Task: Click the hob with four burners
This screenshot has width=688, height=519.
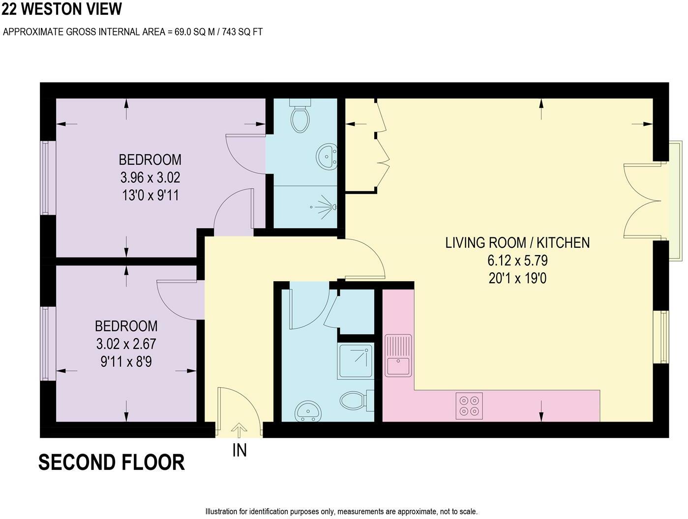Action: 469,405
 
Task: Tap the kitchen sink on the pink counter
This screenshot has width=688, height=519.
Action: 398,355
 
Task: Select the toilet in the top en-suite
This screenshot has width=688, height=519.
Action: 300,115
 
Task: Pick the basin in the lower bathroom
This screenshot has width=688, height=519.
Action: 308,411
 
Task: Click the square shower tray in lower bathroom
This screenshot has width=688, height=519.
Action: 356,361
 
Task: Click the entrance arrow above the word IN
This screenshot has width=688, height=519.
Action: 239,430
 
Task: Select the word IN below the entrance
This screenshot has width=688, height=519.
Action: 239,450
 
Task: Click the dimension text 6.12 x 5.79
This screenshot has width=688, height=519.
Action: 517,260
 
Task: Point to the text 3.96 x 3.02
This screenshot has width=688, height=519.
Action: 150,177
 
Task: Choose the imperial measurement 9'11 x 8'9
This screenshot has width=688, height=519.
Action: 126,362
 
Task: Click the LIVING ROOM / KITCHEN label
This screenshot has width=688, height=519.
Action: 517,243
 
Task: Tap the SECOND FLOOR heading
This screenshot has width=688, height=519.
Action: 112,462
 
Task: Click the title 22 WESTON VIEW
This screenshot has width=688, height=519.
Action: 61,9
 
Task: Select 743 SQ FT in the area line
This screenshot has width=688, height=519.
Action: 242,32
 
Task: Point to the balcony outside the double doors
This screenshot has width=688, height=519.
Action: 675,201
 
